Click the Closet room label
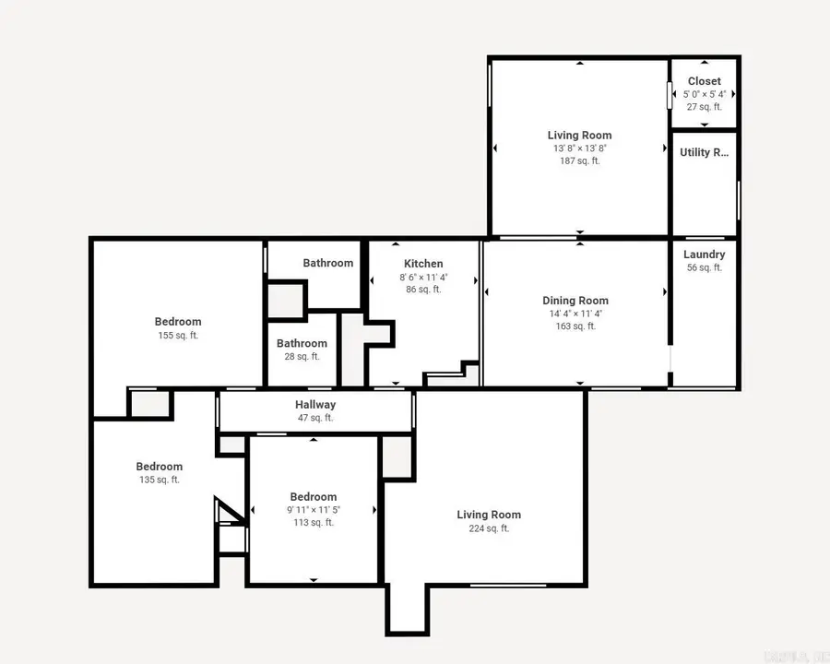704,81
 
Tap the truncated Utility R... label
704,152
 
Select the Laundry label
704,255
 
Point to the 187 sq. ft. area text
579,160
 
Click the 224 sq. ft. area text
489,528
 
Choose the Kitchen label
423,264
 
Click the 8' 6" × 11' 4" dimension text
423,277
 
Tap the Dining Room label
575,301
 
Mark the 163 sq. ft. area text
575,326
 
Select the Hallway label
315,405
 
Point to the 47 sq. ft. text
315,418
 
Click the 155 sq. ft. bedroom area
178,336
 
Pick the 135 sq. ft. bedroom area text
160,480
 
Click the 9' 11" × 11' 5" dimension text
313,510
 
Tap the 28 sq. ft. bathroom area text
302,357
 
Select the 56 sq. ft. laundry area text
704,268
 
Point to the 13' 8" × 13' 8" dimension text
579,148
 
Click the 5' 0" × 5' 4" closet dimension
704,94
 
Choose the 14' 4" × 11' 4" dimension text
575,314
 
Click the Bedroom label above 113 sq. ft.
313,497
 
